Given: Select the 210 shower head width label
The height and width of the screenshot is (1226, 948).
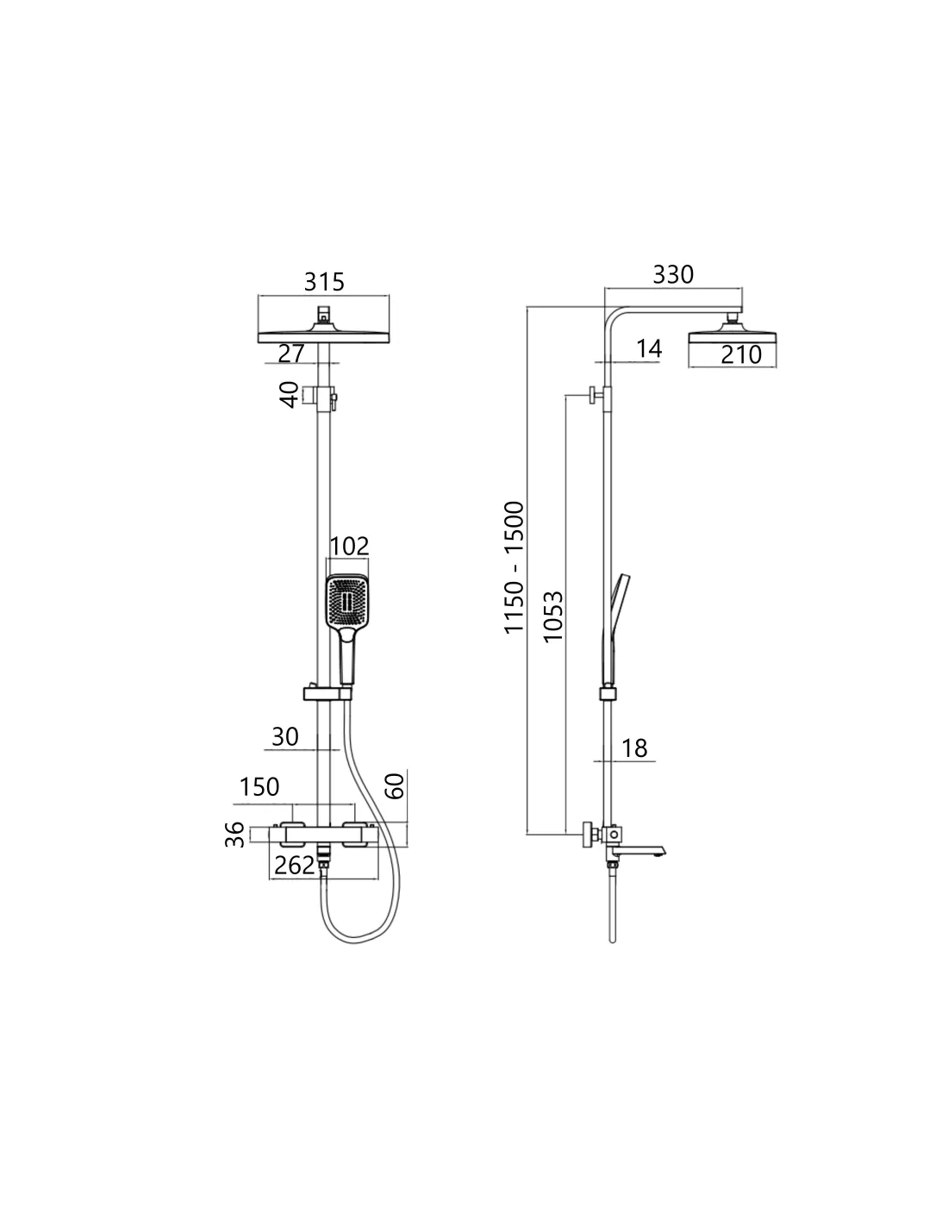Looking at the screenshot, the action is click(741, 355).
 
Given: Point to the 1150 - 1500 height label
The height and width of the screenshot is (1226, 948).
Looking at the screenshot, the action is click(515, 567).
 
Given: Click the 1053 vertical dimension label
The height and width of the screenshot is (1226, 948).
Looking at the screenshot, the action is click(553, 616).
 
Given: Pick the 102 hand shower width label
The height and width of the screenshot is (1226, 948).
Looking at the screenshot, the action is click(349, 546).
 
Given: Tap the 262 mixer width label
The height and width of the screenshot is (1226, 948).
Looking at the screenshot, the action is click(294, 865).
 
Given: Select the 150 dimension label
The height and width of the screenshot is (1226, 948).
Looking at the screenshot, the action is click(259, 786).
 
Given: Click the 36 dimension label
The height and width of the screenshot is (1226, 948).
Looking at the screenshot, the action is click(235, 835).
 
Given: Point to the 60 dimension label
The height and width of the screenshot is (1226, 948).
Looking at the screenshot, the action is click(395, 786).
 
